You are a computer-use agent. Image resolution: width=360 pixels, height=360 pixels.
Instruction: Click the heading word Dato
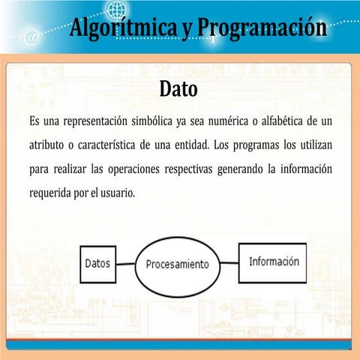coord(178,90)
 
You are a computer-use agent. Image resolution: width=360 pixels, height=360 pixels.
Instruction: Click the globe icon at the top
coord(117,9)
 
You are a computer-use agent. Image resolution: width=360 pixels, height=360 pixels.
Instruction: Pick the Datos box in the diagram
coord(97,264)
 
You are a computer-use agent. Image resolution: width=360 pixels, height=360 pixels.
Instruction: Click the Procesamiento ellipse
coord(178,265)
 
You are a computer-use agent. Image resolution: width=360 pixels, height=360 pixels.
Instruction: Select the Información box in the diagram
coord(273,262)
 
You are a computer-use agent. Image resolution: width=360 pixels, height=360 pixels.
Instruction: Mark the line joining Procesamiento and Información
coord(229,263)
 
